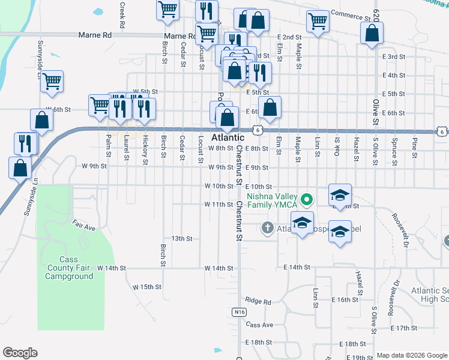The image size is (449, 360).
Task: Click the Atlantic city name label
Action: point(228,137)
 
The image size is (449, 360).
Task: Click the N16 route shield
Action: point(239,312)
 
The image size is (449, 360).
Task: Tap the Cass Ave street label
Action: point(259,325)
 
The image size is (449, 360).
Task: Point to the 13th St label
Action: point(181,238)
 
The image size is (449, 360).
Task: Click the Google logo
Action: point(20,353)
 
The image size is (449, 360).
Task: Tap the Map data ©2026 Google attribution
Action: point(412,355)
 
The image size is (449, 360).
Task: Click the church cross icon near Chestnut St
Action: point(268,227)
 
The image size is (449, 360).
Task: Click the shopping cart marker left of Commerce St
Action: point(318,21)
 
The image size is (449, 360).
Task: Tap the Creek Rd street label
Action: point(122,16)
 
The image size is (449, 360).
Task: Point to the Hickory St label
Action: point(145,149)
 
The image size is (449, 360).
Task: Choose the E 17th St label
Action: point(403,328)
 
